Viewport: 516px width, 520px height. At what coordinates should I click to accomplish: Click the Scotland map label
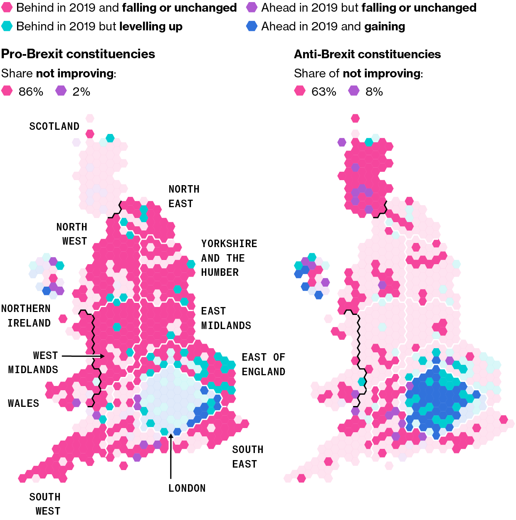click(x=54, y=126)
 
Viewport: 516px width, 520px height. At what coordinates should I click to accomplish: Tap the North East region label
click(x=183, y=196)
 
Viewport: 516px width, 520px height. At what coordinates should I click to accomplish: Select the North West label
click(x=72, y=234)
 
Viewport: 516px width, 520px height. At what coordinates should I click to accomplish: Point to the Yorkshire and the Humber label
click(x=229, y=258)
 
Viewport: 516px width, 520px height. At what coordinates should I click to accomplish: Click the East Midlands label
click(x=226, y=318)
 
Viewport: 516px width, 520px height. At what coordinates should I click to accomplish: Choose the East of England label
click(x=263, y=364)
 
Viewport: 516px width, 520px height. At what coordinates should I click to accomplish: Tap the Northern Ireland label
click(x=26, y=316)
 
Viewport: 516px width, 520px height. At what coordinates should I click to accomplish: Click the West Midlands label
click(x=33, y=362)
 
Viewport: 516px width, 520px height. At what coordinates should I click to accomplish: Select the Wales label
click(x=24, y=403)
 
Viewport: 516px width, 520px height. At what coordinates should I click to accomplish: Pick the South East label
click(x=247, y=457)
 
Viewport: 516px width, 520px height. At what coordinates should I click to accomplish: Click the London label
click(x=187, y=488)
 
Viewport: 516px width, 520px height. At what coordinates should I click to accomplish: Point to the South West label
click(x=45, y=504)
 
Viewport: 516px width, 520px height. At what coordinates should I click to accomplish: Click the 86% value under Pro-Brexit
click(x=31, y=92)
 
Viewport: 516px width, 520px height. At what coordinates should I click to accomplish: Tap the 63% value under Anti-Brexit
click(x=323, y=92)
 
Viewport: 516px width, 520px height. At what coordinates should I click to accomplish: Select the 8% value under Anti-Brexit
click(x=374, y=92)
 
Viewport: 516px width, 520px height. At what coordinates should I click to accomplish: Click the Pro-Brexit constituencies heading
click(x=78, y=54)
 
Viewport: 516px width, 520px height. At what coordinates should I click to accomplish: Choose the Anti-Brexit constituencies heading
click(x=367, y=54)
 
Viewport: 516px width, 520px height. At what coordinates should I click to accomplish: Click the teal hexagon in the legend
click(x=7, y=26)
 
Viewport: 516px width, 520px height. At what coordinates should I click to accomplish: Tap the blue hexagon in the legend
click(x=252, y=26)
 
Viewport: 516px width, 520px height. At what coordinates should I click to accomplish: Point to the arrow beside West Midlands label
click(x=83, y=356)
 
